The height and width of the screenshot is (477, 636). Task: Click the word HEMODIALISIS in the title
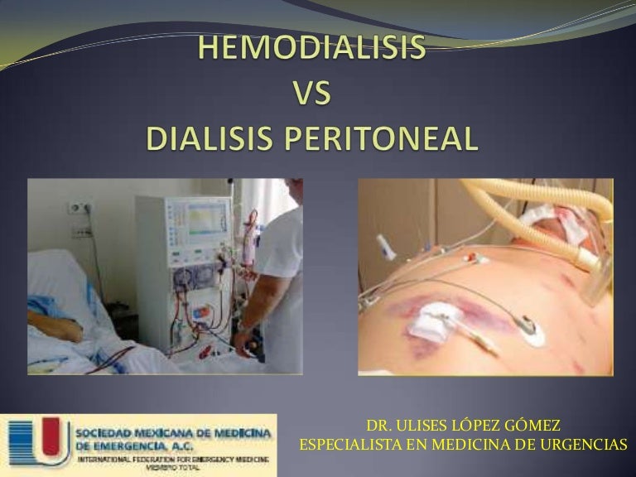pyautogui.click(x=312, y=49)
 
